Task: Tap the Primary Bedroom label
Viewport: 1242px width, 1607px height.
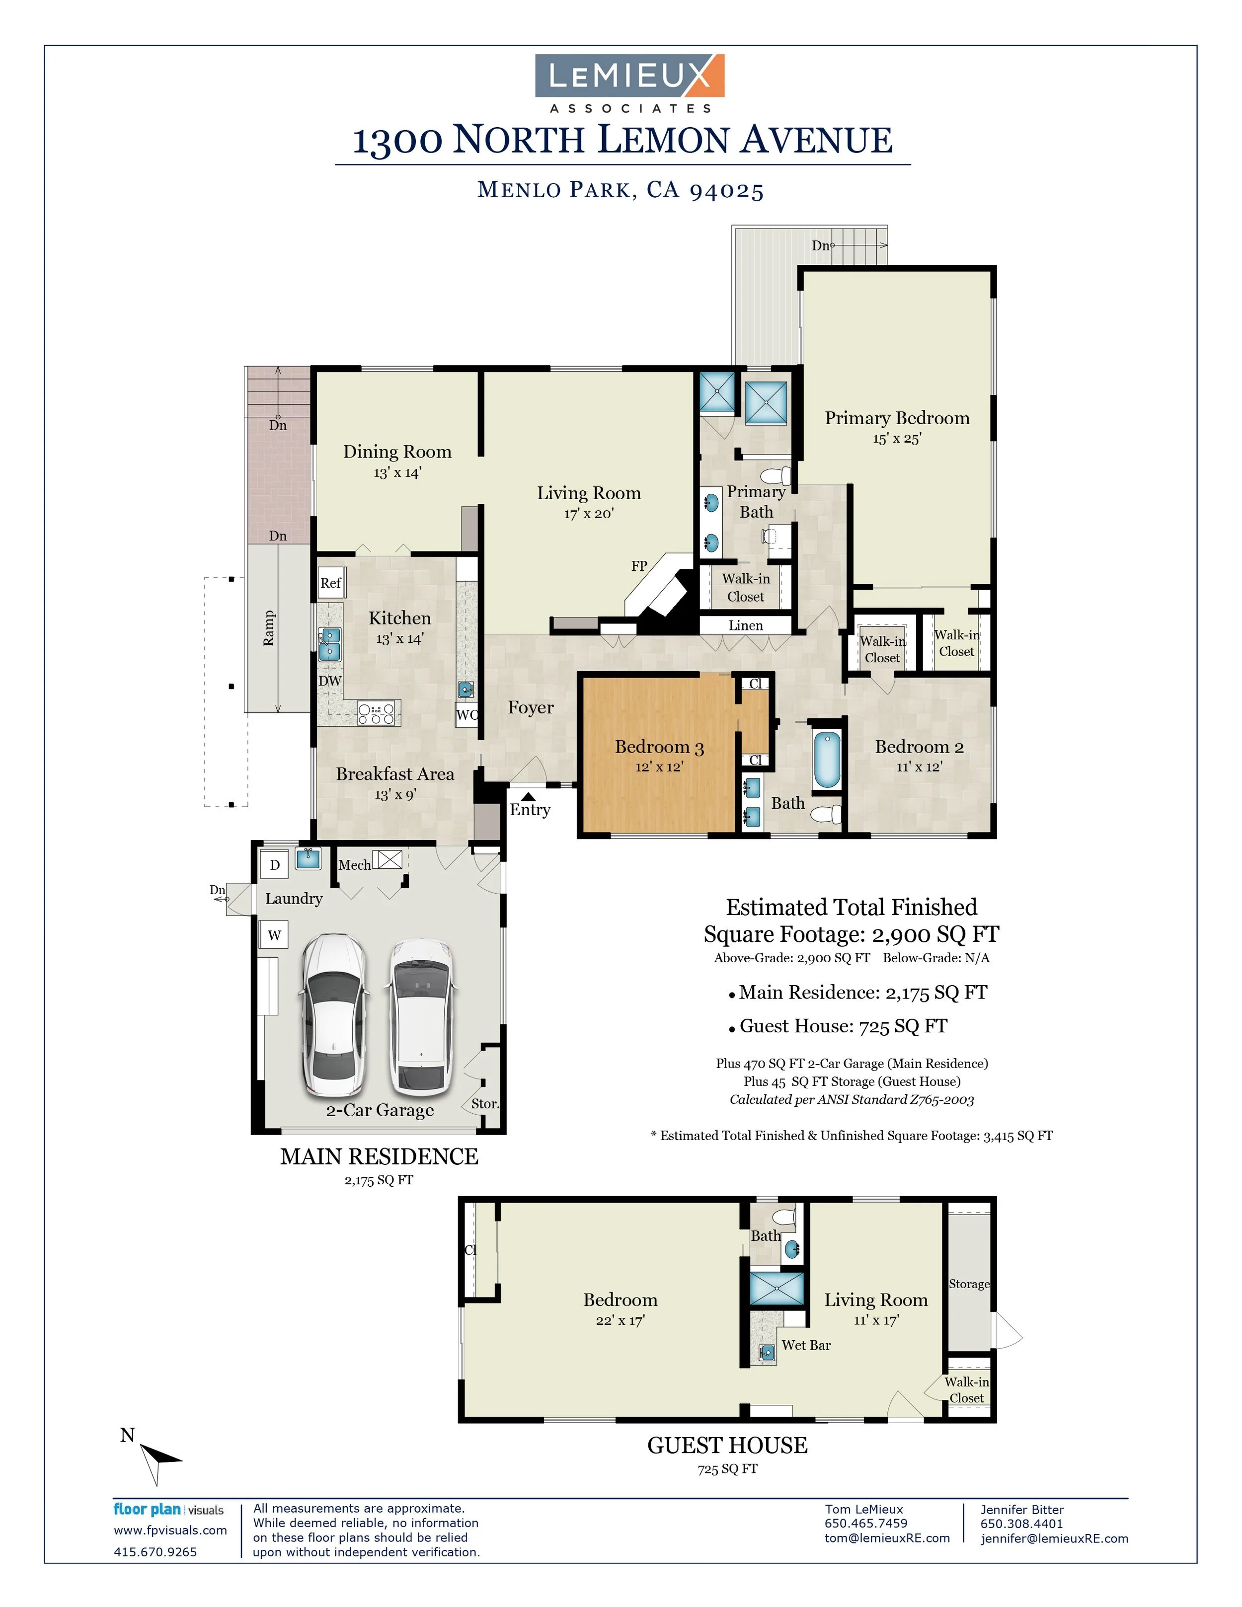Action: pos(896,418)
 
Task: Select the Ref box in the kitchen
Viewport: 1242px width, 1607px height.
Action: pos(330,583)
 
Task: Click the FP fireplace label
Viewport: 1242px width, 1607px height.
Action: pos(639,566)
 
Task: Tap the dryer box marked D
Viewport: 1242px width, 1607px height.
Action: pos(274,865)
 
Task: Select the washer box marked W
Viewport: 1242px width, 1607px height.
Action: pos(274,935)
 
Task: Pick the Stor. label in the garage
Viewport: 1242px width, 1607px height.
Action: pos(485,1104)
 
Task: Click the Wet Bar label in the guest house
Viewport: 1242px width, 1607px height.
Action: pos(806,1345)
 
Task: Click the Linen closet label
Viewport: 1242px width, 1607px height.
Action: pos(745,625)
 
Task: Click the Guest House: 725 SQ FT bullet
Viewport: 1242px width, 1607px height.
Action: pos(843,1026)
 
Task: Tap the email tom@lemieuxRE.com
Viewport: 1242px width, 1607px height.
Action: pos(887,1538)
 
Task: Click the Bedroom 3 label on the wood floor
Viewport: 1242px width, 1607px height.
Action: pos(659,747)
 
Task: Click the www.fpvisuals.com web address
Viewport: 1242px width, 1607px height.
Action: pos(170,1530)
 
